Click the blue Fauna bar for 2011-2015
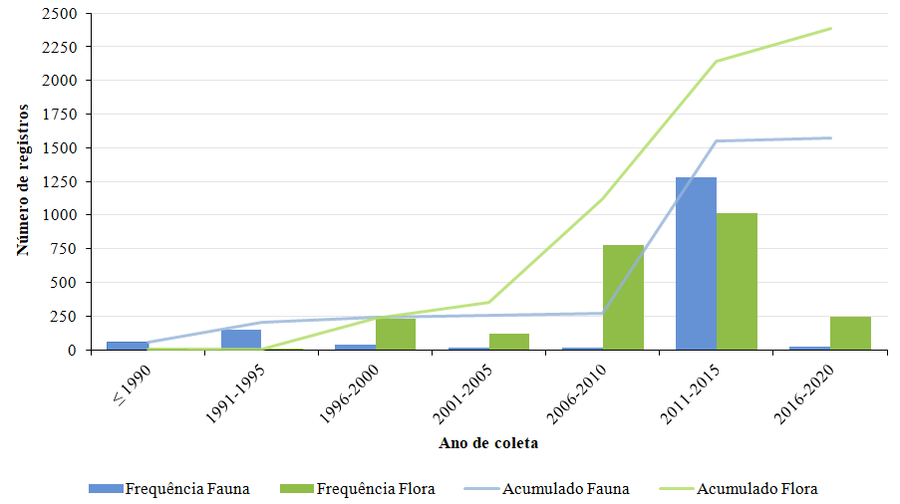[696, 264]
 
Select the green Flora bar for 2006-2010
[623, 297]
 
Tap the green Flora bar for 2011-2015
[737, 281]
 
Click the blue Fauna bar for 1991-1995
[241, 340]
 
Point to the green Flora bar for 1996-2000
[396, 334]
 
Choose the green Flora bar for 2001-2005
[509, 342]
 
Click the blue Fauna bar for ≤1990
[128, 346]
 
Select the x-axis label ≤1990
[132, 379]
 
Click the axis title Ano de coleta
[488, 443]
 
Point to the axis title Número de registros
[23, 179]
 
